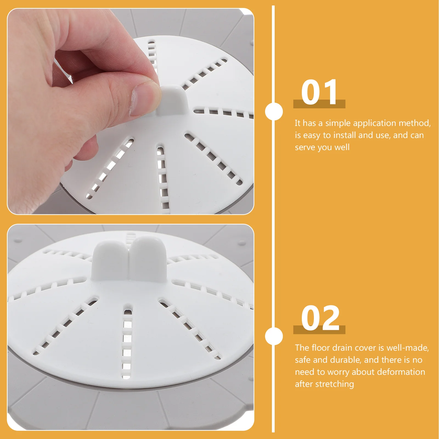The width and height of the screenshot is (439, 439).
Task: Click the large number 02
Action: coord(320,318)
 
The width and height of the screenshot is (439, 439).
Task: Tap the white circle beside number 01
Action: coord(274,111)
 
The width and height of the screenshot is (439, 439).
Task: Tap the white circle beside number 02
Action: coord(274,336)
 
